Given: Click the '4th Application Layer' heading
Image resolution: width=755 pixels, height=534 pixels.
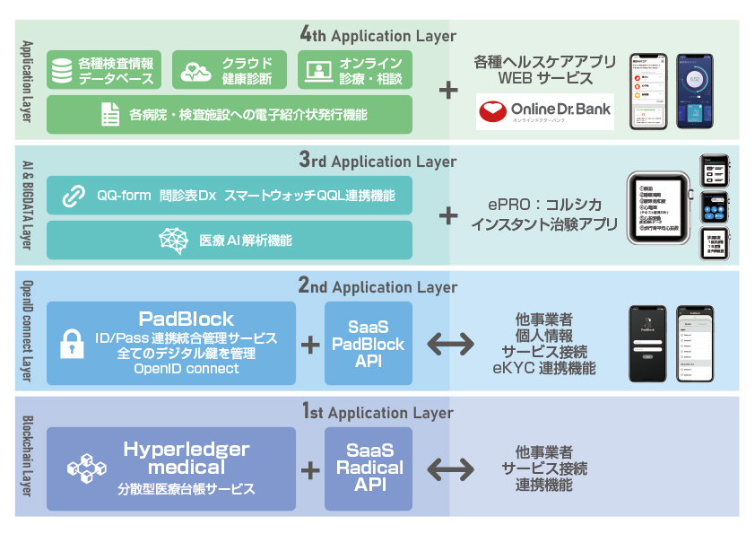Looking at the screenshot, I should [x=377, y=36].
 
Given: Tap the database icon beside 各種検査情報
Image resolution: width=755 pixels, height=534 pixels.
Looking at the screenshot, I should [x=62, y=70].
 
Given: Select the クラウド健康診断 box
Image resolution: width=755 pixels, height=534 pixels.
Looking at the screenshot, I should [x=230, y=70].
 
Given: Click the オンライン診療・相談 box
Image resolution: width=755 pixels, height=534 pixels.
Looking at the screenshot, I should [x=355, y=70].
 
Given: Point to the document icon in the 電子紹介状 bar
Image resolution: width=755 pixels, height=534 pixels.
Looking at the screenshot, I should [x=109, y=115].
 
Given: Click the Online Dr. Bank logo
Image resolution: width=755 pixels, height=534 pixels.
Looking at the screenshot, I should [x=544, y=111].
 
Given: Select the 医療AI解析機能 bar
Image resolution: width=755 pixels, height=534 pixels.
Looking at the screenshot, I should [x=230, y=240].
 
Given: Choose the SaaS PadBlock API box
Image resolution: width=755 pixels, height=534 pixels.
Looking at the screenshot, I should [x=369, y=344].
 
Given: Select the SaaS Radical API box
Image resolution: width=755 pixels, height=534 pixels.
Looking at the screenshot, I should [x=369, y=468].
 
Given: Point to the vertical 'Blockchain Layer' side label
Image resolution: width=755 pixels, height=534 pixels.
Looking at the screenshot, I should [x=27, y=458].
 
